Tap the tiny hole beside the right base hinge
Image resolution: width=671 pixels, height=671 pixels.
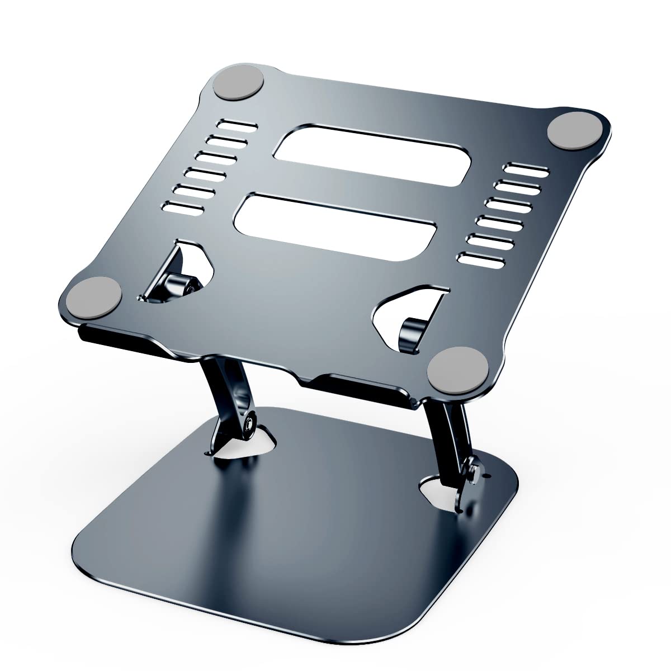click(x=492, y=476)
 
